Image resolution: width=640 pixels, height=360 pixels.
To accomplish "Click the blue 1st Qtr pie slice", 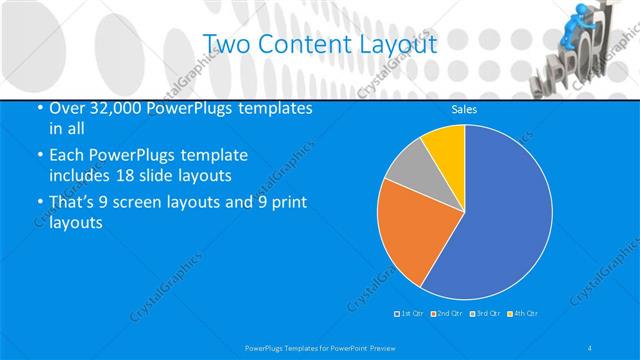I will pos(500,220).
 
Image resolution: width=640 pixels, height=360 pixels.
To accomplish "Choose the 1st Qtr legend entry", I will pos(409,313).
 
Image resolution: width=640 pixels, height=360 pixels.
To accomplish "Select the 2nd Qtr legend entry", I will pos(446,313).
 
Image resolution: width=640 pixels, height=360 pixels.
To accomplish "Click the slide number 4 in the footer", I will pos(590,347).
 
